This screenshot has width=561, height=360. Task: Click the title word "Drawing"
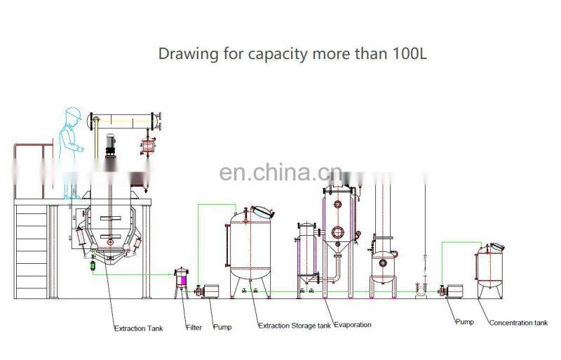coord(181,53)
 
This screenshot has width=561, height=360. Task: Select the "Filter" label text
coord(194,328)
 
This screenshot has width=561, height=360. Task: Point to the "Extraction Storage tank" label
coord(295,326)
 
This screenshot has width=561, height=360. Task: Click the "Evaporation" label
coord(353,325)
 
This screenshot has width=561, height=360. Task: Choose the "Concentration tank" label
coord(518,323)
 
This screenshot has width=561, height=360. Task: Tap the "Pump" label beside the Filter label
coord(222,327)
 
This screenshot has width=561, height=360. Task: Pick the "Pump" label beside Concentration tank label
coord(464,321)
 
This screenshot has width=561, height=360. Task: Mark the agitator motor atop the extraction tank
coord(110,144)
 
